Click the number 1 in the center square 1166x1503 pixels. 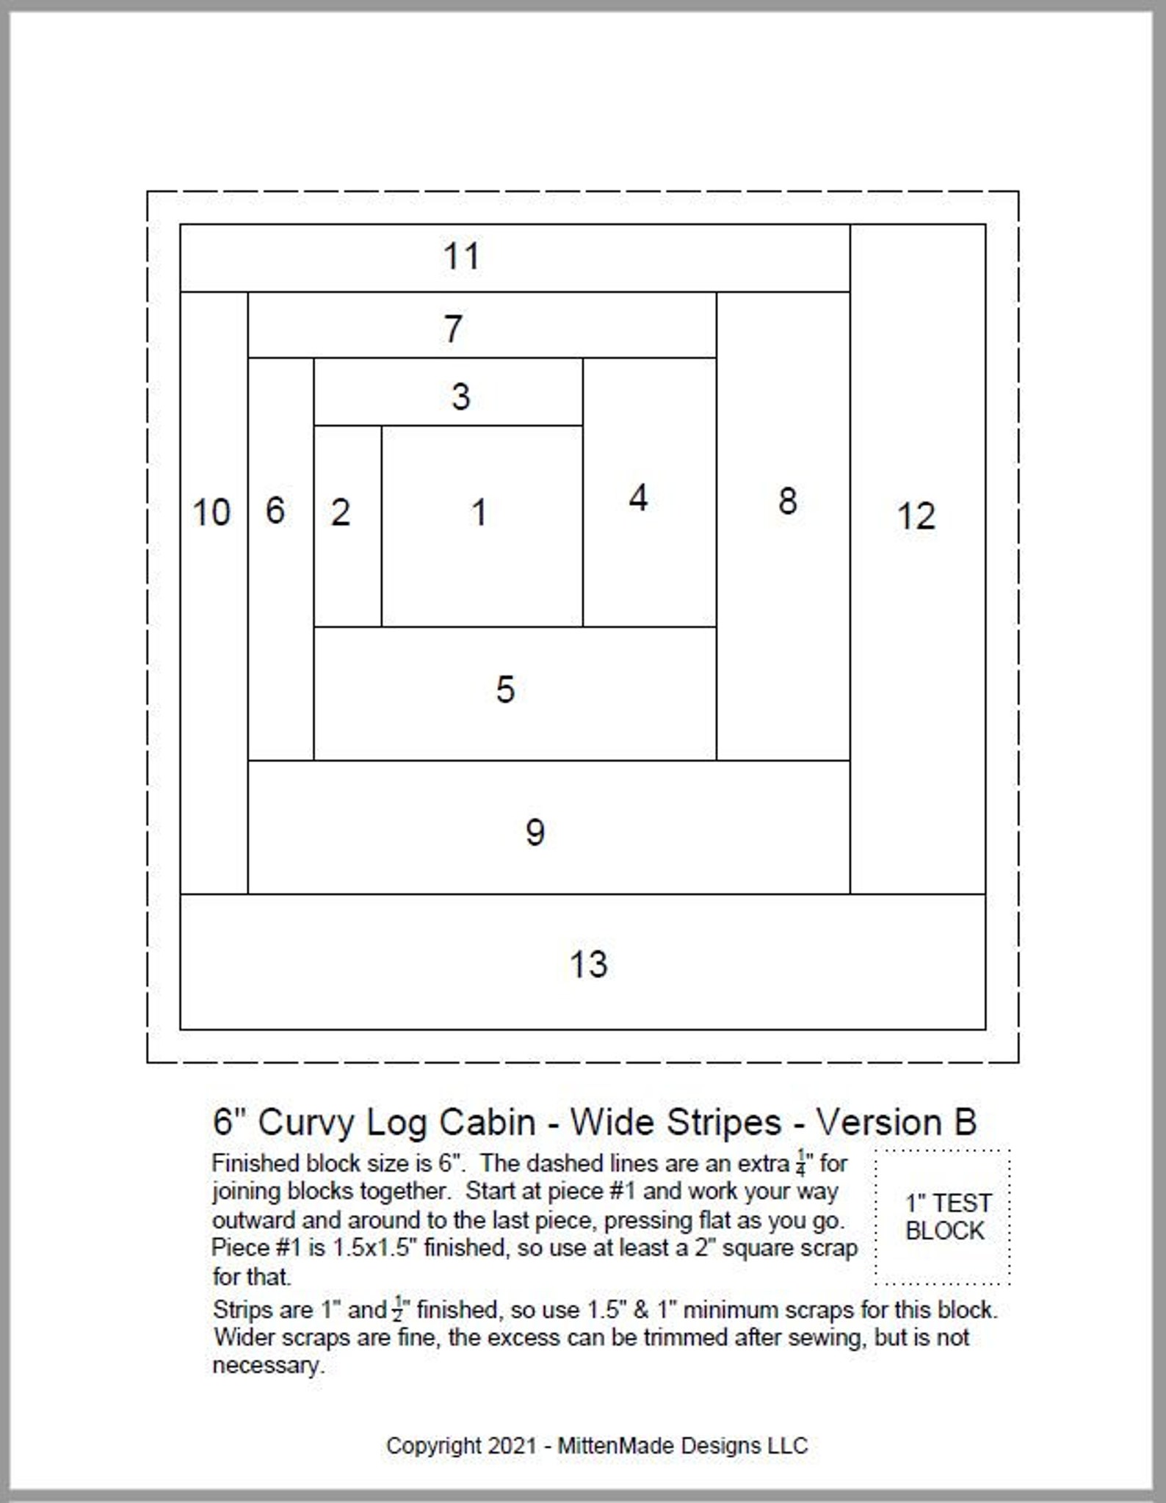pyautogui.click(x=479, y=513)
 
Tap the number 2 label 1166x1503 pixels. pyautogui.click(x=340, y=513)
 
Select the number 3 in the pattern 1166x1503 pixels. pyautogui.click(x=460, y=397)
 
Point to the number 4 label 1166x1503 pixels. pyautogui.click(x=638, y=499)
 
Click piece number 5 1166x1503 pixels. pyautogui.click(x=505, y=689)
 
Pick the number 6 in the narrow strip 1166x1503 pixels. pyautogui.click(x=275, y=511)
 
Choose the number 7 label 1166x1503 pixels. pyautogui.click(x=453, y=328)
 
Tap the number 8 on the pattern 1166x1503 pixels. pyautogui.click(x=787, y=501)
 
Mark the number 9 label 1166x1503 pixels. pyautogui.click(x=535, y=833)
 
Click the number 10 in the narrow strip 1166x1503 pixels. pyautogui.click(x=211, y=513)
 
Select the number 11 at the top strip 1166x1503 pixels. pyautogui.click(x=461, y=256)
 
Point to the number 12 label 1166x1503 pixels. pyautogui.click(x=916, y=516)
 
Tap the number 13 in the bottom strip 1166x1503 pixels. pyautogui.click(x=588, y=965)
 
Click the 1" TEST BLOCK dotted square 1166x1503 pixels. pyautogui.click(x=944, y=1217)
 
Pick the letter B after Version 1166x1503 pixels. pyautogui.click(x=965, y=1123)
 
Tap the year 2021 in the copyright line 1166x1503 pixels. pyautogui.click(x=513, y=1446)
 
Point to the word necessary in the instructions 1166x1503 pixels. pyautogui.click(x=267, y=1366)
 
